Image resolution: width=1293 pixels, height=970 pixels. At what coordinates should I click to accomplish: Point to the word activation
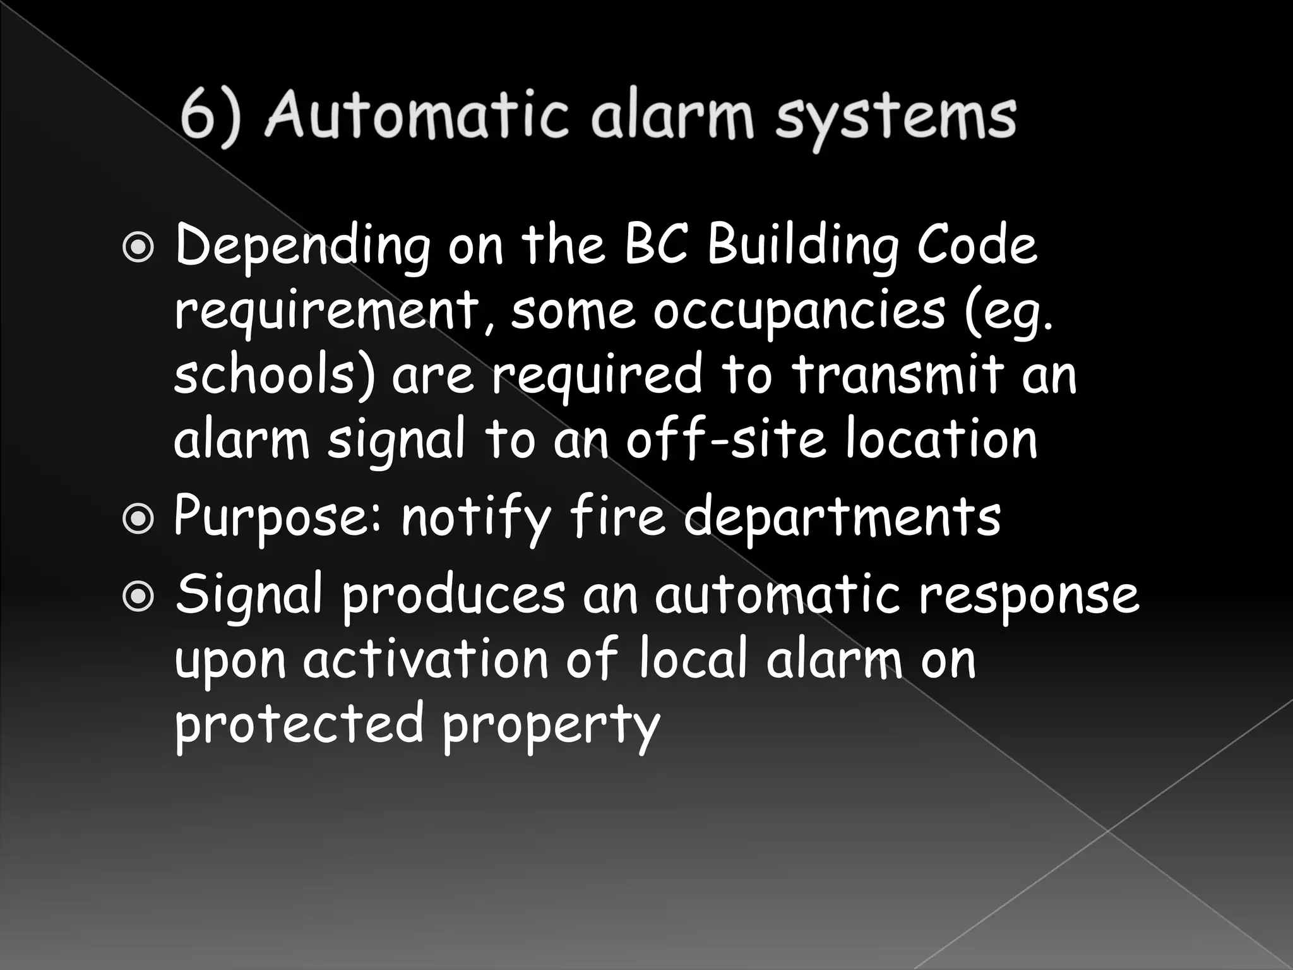(x=425, y=661)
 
